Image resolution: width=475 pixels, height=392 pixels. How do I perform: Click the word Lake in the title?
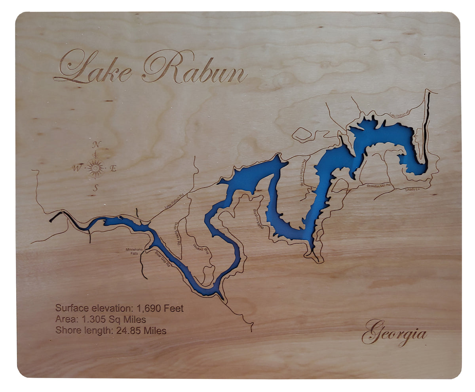click(95, 67)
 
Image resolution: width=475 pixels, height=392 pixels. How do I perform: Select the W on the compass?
click(76, 168)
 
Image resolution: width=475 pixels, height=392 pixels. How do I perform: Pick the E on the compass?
click(113, 169)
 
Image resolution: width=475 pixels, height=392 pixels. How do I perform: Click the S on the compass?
click(95, 189)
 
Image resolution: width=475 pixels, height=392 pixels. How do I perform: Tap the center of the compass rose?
click(95, 168)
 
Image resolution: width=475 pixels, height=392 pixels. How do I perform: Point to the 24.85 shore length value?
click(128, 331)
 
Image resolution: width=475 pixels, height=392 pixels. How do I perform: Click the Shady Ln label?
click(412, 190)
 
